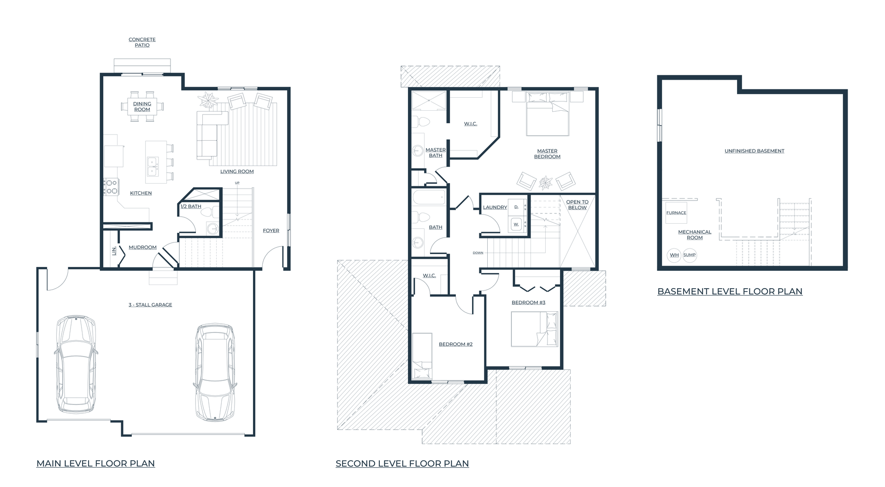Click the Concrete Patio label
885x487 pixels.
click(142, 42)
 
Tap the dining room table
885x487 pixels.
click(142, 107)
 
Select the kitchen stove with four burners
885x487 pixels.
click(111, 187)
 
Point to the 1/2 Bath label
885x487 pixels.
click(191, 207)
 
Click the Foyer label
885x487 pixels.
click(271, 231)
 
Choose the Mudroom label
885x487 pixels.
click(142, 247)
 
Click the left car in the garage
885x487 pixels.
click(76, 364)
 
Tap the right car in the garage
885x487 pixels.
click(215, 373)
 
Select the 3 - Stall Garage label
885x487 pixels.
click(150, 305)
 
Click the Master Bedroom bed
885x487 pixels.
click(548, 113)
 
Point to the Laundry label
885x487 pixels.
click(495, 208)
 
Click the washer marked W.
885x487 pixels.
click(516, 224)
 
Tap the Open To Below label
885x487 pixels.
click(577, 205)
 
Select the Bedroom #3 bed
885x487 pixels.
click(535, 329)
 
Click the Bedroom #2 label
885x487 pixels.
click(455, 344)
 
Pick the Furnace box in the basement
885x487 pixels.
click(676, 213)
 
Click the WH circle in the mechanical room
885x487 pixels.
click(674, 255)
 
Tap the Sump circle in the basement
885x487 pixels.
click(690, 255)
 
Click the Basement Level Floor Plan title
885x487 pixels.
click(730, 291)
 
